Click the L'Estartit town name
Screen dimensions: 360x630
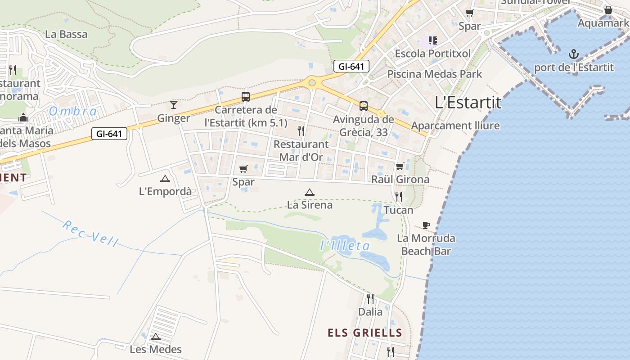coord(468,103)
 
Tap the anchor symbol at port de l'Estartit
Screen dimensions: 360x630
coord(573,55)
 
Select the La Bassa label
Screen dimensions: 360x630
coord(67,34)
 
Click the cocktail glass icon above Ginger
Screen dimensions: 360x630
coord(174,105)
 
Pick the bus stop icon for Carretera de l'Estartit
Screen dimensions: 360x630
coord(246,96)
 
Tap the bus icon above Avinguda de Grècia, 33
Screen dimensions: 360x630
coord(363,106)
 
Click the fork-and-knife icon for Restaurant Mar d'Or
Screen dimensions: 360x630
coord(301,131)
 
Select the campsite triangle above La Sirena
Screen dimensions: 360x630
coord(309,193)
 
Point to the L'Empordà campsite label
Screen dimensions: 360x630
coord(165,191)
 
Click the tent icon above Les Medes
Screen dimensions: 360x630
coord(156,337)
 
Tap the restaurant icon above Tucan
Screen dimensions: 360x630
coord(398,196)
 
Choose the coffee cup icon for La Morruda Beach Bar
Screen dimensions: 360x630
coord(426,225)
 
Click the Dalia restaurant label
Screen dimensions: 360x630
coord(370,312)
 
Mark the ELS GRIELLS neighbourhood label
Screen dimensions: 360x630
coord(364,333)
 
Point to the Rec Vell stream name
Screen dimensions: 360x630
coord(90,233)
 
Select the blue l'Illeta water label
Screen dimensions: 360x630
coord(345,246)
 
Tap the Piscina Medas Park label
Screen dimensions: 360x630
coord(434,74)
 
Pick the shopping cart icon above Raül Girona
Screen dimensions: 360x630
coord(400,166)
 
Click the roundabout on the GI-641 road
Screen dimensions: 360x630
coord(312,83)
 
